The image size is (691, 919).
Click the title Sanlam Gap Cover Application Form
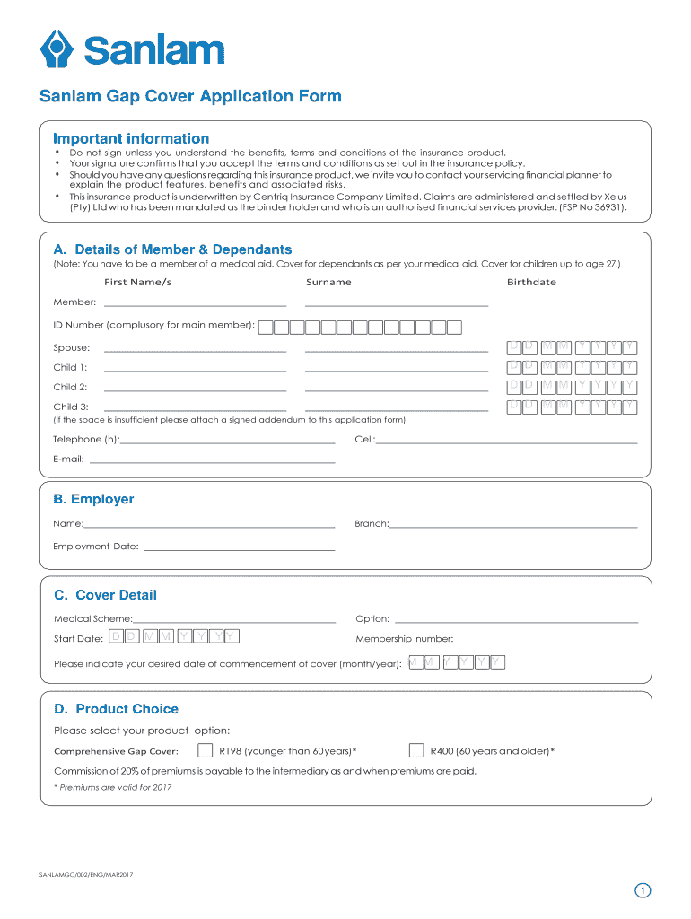click(x=190, y=97)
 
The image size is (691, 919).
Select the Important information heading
click(x=131, y=138)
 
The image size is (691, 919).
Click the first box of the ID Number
click(x=266, y=327)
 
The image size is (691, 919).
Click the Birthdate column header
click(x=531, y=282)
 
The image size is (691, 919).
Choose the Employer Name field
click(x=209, y=523)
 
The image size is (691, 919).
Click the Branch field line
click(x=513, y=523)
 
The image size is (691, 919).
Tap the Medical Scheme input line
click(x=234, y=618)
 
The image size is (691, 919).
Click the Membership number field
click(x=547, y=639)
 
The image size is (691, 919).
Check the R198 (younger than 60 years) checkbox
click(x=206, y=750)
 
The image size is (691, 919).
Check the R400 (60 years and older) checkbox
click(x=416, y=750)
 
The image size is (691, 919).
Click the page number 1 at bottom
click(x=642, y=890)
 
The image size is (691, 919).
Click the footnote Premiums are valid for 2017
click(x=113, y=787)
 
